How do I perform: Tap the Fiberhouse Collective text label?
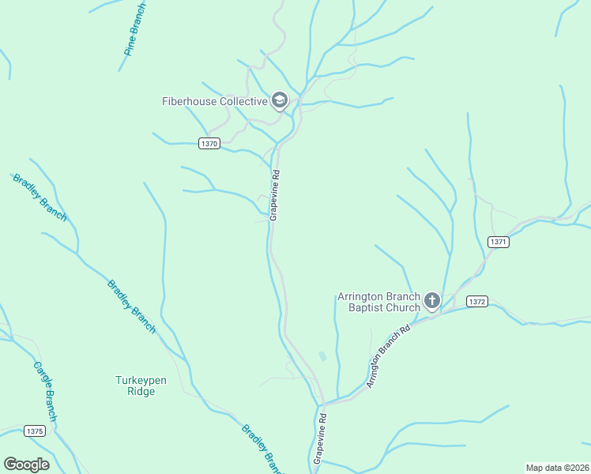tap(214, 101)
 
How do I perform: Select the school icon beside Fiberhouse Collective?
tap(279, 100)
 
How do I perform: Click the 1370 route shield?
tap(209, 143)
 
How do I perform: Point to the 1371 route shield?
tap(498, 242)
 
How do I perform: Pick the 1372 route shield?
tap(476, 301)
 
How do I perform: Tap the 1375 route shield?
tap(35, 431)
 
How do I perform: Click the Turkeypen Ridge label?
tap(141, 386)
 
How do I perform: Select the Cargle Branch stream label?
tap(46, 393)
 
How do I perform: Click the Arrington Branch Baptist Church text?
tap(379, 302)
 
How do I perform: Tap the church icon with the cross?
tap(431, 300)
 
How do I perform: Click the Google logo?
tap(26, 464)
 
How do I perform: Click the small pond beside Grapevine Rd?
tap(322, 357)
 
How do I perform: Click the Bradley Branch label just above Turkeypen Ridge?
tap(132, 306)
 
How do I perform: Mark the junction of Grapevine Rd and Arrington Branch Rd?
tap(323, 403)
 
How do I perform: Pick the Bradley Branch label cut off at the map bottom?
tap(259, 447)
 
